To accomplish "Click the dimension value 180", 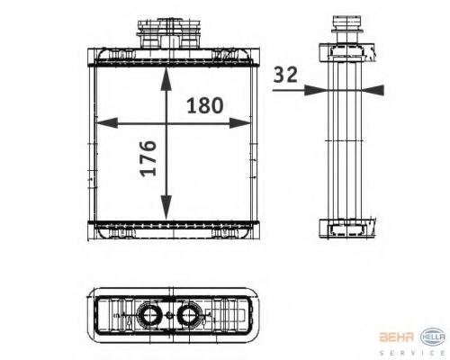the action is pyautogui.click(x=205, y=105).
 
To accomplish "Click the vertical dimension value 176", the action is pyautogui.click(x=148, y=158).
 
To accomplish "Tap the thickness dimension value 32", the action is pyautogui.click(x=285, y=75).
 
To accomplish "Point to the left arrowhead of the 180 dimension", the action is pyautogui.click(x=106, y=123).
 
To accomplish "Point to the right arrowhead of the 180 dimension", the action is pyautogui.click(x=239, y=123).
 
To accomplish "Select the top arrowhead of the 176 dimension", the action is pyautogui.click(x=166, y=79).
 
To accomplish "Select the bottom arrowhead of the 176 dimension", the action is pyautogui.click(x=166, y=207).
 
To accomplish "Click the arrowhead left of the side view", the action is pyautogui.click(x=315, y=90).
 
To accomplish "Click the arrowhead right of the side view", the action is pyautogui.click(x=373, y=90).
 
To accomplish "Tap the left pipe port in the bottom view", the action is pyautogui.click(x=148, y=315).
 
